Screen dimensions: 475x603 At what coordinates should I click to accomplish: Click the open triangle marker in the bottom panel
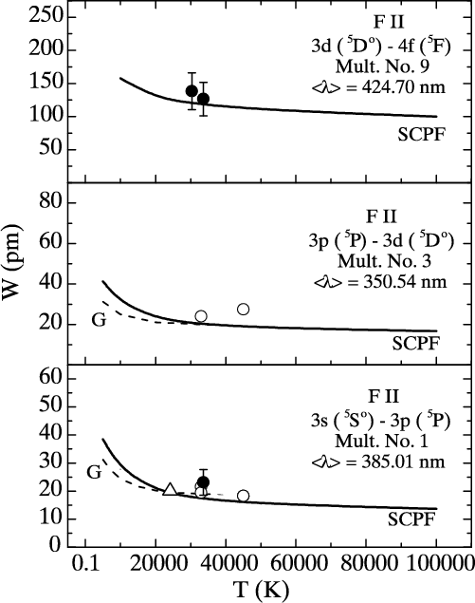click(170, 489)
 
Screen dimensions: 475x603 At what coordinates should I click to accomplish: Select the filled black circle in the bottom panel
click(204, 481)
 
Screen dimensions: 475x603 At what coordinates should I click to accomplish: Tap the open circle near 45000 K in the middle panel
click(243, 310)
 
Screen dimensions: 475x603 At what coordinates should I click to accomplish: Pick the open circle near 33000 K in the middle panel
click(201, 316)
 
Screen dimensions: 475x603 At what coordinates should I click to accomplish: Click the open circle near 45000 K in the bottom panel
click(243, 496)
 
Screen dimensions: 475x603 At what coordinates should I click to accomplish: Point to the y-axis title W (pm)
click(11, 268)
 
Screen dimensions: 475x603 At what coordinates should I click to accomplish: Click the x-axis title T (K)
click(261, 589)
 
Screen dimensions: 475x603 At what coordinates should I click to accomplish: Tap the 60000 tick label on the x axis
click(295, 564)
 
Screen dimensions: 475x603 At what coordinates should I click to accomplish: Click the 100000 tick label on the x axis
click(437, 564)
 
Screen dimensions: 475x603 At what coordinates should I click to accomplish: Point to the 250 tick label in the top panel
click(45, 17)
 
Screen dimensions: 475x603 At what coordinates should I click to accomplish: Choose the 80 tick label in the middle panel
click(50, 202)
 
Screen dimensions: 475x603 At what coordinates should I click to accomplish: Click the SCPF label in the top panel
click(422, 134)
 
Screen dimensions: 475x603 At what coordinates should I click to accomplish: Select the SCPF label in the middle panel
click(415, 344)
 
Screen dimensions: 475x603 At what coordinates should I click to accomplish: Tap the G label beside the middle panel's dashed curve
click(99, 320)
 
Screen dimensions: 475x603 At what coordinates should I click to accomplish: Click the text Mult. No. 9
click(382, 66)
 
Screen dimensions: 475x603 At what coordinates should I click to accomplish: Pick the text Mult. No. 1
click(381, 441)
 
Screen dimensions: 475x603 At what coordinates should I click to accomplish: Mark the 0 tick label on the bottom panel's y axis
click(55, 545)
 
